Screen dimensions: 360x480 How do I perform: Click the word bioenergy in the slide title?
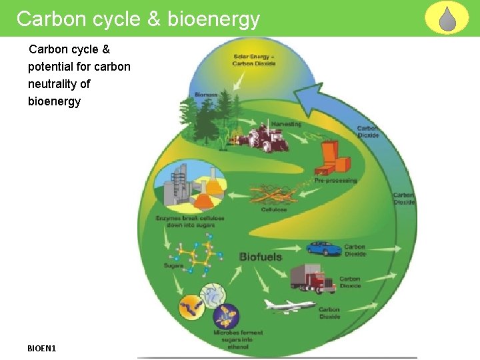point(213,19)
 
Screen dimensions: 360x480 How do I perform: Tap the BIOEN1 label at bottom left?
point(42,348)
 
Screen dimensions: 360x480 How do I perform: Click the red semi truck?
point(312,279)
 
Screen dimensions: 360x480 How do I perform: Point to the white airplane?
point(289,305)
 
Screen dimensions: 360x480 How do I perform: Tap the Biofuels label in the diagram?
point(261,257)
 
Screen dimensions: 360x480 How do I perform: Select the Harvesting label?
point(286,124)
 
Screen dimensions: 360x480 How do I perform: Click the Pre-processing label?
point(336,181)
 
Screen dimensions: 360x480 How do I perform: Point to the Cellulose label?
point(274,209)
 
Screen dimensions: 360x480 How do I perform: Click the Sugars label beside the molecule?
point(173,266)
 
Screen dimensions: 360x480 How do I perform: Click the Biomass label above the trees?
point(206,95)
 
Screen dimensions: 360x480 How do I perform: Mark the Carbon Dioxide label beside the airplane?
point(329,313)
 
